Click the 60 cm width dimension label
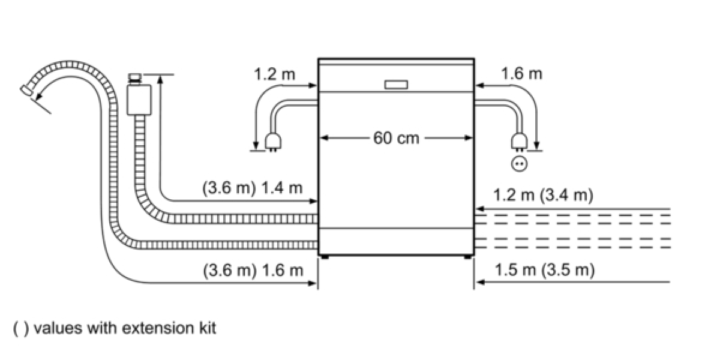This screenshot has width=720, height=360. [x=396, y=138]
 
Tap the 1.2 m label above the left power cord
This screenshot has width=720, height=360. [x=274, y=74]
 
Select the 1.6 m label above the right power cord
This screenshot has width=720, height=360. [x=521, y=74]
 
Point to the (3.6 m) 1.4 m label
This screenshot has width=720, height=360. [x=253, y=188]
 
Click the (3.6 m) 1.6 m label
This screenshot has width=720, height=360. [x=253, y=271]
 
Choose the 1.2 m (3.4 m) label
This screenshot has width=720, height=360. [x=543, y=195]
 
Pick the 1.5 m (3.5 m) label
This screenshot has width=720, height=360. [x=545, y=269]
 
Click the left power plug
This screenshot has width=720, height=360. [x=273, y=142]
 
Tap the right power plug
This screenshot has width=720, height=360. [x=519, y=142]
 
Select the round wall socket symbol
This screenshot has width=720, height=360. [x=519, y=164]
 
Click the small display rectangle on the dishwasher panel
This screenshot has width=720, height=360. [x=396, y=85]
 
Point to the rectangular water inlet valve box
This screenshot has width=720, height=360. [x=139, y=100]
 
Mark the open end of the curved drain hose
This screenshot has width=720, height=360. [x=26, y=91]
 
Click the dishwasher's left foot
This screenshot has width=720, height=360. [x=325, y=257]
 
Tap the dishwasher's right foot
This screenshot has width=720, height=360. [x=468, y=257]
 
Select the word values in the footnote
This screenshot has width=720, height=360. [x=58, y=328]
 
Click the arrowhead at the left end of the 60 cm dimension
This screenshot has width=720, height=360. [x=325, y=138]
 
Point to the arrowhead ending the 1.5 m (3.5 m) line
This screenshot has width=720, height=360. [x=480, y=283]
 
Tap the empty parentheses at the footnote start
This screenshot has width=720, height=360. [x=21, y=329]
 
